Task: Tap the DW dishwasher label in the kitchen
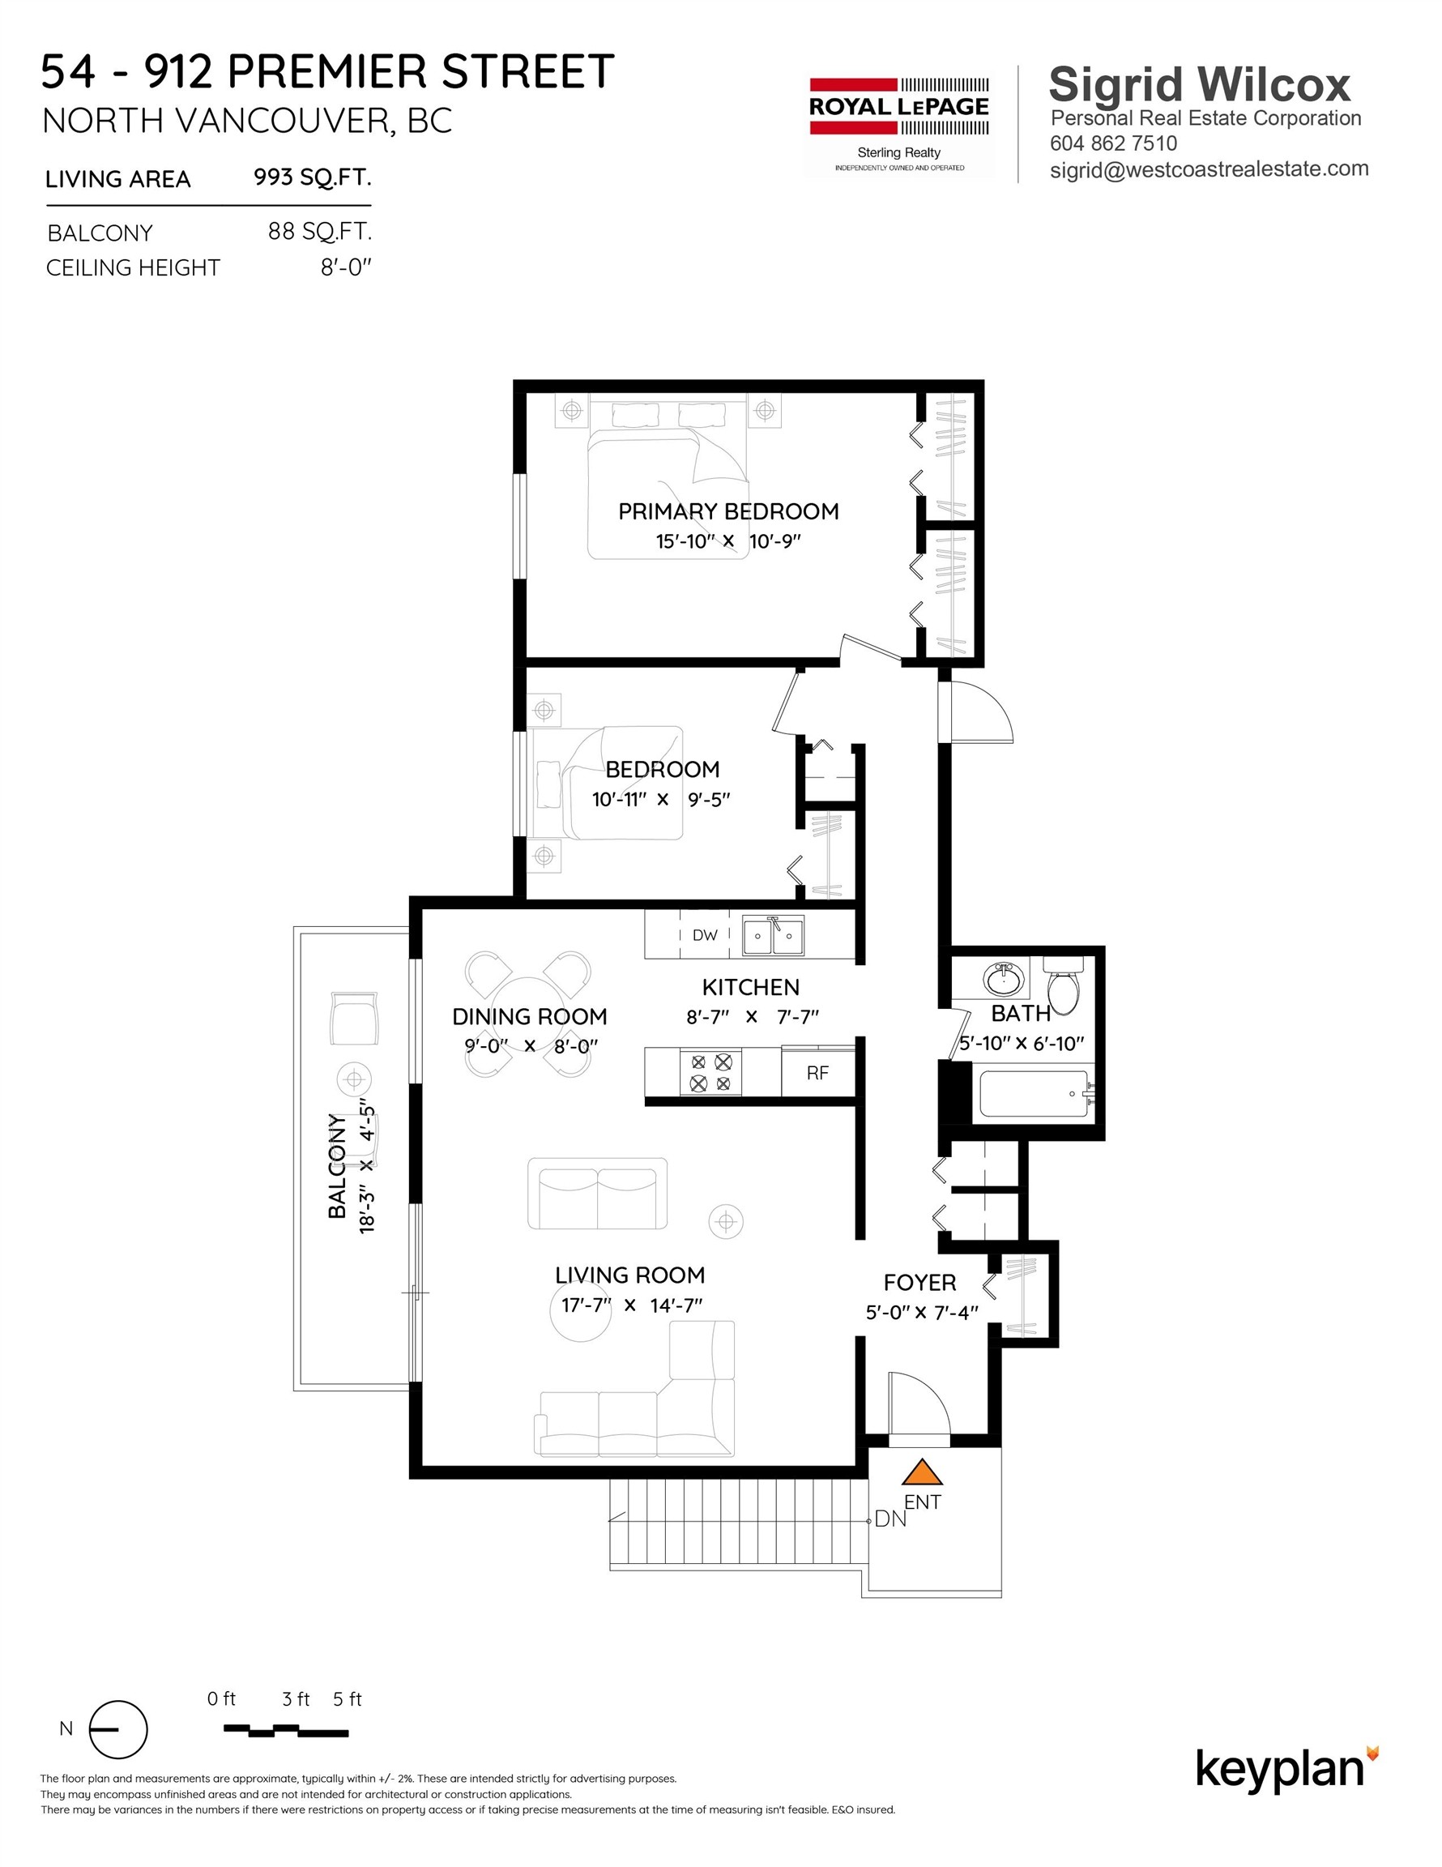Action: [x=704, y=935]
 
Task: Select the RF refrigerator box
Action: [x=817, y=1073]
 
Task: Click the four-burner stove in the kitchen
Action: [x=710, y=1073]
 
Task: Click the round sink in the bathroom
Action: [x=1004, y=978]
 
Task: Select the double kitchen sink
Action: [x=773, y=936]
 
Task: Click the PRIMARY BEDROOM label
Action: [x=728, y=511]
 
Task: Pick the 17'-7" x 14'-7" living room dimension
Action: [x=631, y=1305]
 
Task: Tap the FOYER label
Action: [x=919, y=1282]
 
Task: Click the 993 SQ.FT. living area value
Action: [x=312, y=177]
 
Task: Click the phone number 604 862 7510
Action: [x=1113, y=143]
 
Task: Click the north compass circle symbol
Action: [x=119, y=1729]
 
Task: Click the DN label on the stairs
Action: [x=890, y=1519]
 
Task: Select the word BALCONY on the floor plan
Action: [x=338, y=1165]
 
